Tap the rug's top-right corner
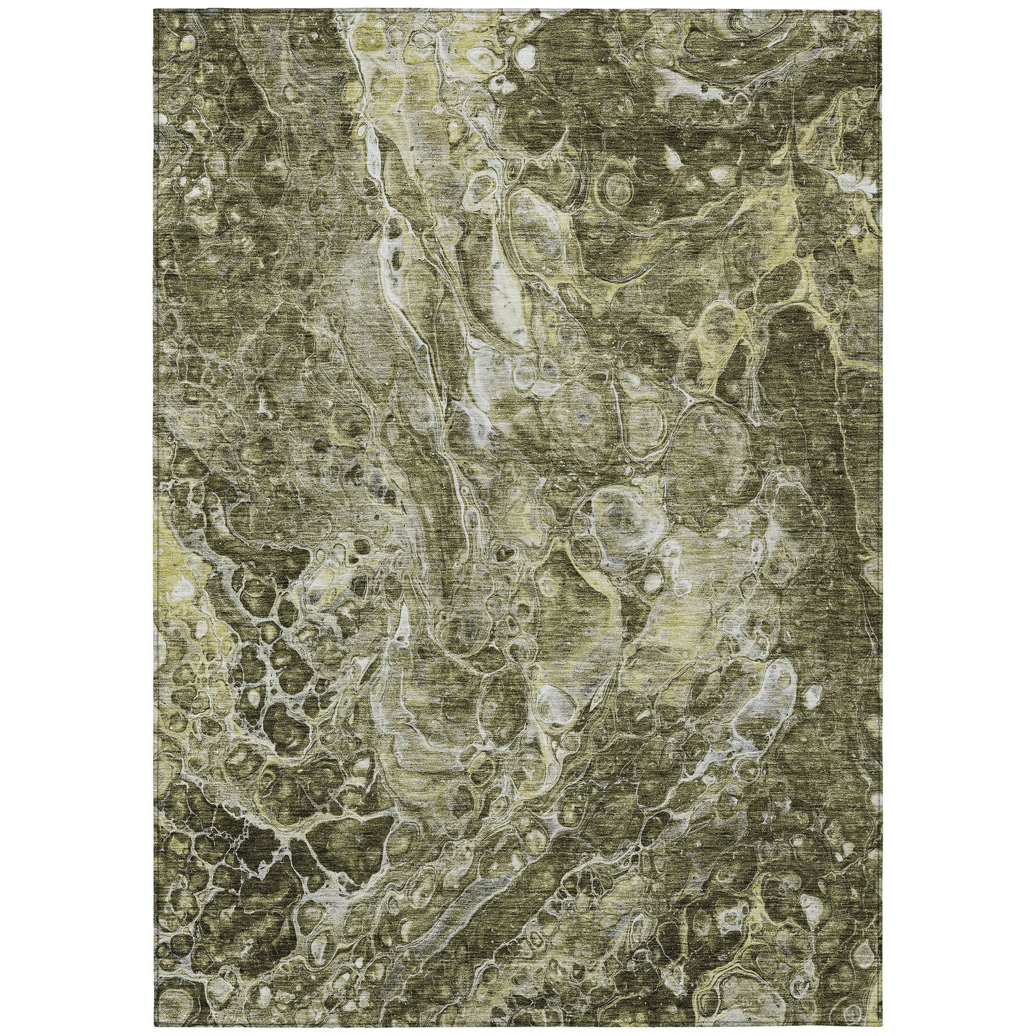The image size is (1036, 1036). pos(882,10)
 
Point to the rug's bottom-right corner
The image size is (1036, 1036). pos(882,1026)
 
